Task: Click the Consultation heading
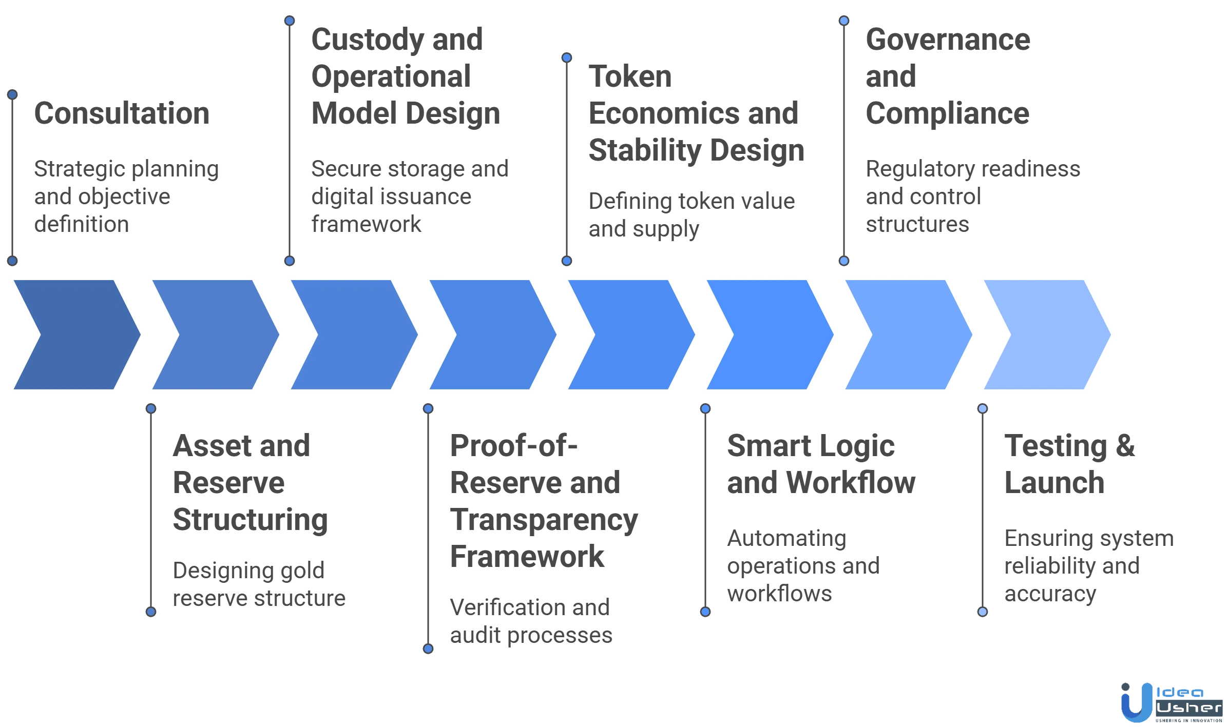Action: pos(121,114)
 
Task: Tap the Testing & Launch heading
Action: pos(1069,465)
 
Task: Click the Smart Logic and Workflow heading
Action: pos(820,465)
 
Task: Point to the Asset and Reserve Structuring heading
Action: pos(250,483)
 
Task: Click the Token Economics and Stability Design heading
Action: pos(695,114)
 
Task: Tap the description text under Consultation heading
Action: pos(126,197)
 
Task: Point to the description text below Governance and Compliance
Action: pos(972,197)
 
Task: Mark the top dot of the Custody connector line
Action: pos(290,21)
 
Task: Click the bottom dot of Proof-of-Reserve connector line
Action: pos(428,649)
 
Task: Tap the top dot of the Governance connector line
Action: pos(843,21)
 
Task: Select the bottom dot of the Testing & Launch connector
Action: pos(982,612)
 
